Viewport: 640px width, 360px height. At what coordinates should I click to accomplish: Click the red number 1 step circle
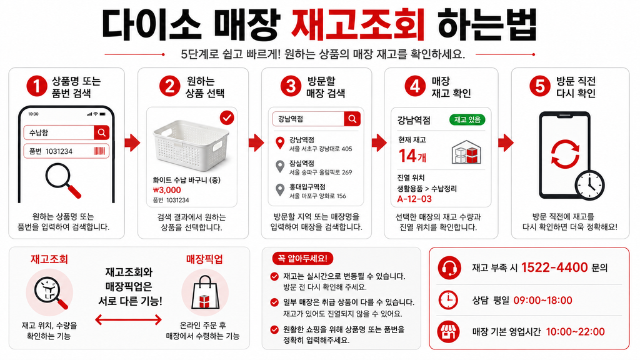click(x=37, y=86)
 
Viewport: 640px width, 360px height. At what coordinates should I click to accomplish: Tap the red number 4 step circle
click(x=415, y=86)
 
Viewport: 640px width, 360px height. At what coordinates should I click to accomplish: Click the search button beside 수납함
click(x=102, y=132)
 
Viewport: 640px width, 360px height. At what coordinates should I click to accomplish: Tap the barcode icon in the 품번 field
click(x=99, y=151)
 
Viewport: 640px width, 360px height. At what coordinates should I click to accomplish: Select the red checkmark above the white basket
click(x=227, y=118)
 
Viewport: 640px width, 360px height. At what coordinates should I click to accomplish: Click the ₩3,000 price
click(x=167, y=190)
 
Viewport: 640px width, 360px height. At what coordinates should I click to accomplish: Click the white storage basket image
click(x=191, y=145)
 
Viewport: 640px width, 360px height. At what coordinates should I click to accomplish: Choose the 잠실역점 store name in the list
click(x=302, y=163)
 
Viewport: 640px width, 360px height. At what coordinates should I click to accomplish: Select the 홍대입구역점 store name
click(x=307, y=186)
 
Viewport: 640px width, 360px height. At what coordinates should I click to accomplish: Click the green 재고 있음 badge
click(x=467, y=119)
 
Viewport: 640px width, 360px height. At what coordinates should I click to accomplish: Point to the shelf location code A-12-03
click(x=414, y=199)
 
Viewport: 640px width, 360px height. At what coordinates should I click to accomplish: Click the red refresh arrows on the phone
click(x=565, y=154)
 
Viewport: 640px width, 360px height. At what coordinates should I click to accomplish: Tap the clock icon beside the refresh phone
click(x=590, y=185)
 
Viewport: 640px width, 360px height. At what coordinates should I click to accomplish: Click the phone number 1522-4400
click(x=554, y=267)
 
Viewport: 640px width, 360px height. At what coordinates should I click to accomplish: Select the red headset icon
click(x=449, y=267)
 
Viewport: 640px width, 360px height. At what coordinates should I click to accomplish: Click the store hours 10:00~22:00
click(x=576, y=331)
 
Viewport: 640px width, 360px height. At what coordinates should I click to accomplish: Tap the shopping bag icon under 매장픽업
click(x=205, y=292)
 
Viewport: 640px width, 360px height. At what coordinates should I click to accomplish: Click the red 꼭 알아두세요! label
click(x=302, y=258)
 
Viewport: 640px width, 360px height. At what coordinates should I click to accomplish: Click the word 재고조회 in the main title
click(x=358, y=24)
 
